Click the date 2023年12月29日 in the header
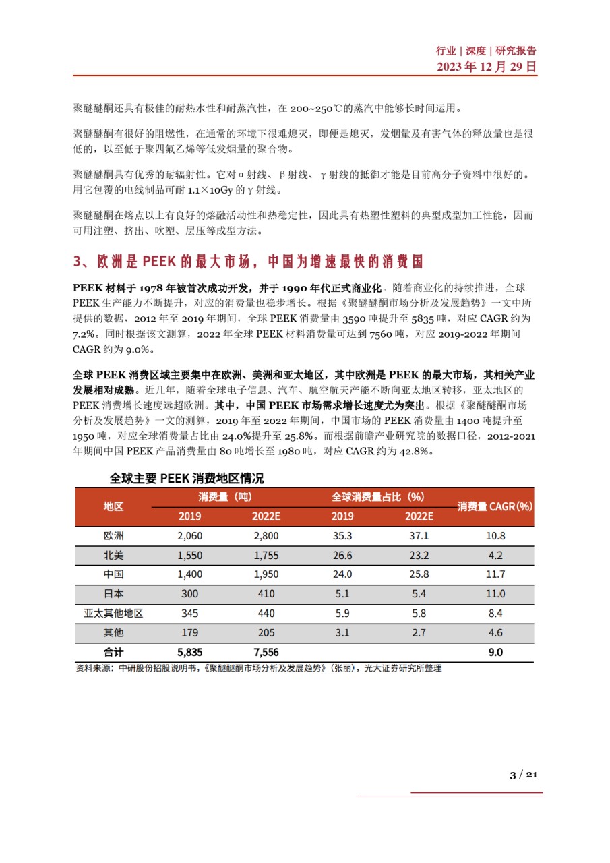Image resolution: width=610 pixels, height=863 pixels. click(x=487, y=66)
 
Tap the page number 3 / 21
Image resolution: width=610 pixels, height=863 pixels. click(x=523, y=775)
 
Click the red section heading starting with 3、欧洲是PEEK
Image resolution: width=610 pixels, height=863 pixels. click(x=249, y=261)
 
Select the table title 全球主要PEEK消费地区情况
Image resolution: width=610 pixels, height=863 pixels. click(x=187, y=479)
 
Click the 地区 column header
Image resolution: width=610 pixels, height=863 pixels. click(x=113, y=507)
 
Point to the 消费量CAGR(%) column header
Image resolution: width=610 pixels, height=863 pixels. click(x=495, y=507)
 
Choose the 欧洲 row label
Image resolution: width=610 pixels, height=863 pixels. click(x=113, y=536)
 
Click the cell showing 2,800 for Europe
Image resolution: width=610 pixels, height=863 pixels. click(x=266, y=536)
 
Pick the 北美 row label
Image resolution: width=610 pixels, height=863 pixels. click(x=113, y=556)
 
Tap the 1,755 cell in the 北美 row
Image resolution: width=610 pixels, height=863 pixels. click(x=266, y=556)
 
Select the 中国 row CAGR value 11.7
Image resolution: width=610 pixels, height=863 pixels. click(x=495, y=574)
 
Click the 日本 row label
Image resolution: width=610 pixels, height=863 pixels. click(x=113, y=594)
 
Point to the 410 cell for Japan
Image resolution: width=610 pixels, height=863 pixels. click(x=266, y=594)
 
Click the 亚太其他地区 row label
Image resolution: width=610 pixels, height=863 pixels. click(x=113, y=614)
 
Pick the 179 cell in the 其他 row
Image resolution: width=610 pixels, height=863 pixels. click(x=189, y=633)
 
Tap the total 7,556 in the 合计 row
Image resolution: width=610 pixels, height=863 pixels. click(x=266, y=653)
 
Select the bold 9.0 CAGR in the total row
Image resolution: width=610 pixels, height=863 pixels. click(x=495, y=653)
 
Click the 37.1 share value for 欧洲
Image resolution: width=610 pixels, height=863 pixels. click(x=419, y=536)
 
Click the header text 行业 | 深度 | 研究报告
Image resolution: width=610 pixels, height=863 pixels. click(x=487, y=51)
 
